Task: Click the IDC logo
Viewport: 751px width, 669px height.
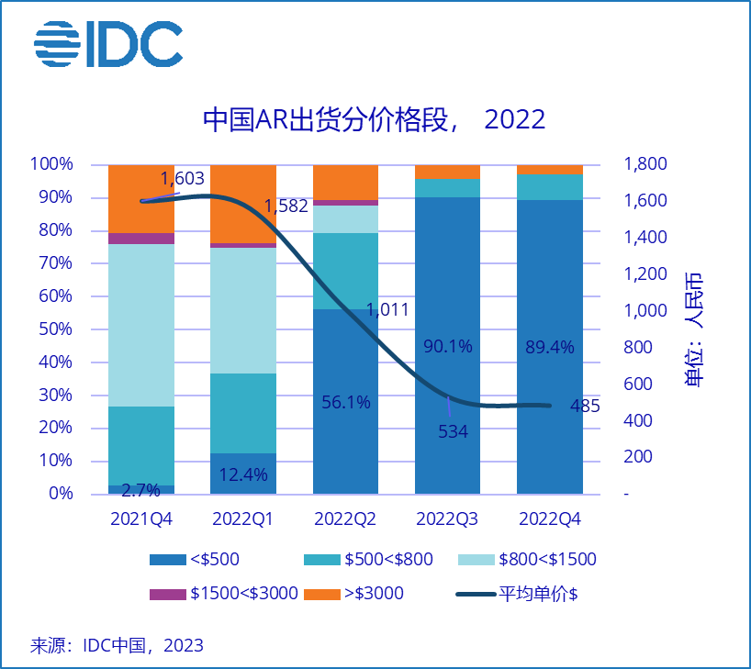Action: [107, 43]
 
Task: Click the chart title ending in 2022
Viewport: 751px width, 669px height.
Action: [374, 119]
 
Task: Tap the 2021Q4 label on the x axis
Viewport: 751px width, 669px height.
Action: [141, 518]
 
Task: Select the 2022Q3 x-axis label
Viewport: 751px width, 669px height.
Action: [447, 518]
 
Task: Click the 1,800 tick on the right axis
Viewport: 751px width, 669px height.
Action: [645, 164]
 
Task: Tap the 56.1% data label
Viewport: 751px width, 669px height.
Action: [345, 402]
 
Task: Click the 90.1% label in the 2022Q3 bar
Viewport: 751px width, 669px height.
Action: [447, 346]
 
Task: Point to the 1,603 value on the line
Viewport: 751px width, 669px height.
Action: [182, 179]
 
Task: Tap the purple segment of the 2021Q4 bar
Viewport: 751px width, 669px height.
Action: [141, 239]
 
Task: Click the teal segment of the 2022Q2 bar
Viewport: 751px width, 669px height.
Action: [345, 271]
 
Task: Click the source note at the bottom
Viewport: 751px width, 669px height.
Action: [117, 645]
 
